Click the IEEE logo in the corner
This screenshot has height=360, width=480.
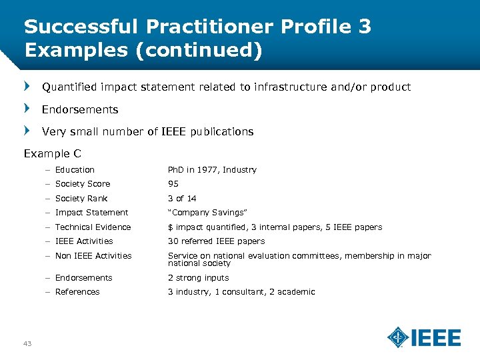(424, 337)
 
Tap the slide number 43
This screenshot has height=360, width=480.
(27, 343)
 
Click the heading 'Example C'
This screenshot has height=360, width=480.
(52, 154)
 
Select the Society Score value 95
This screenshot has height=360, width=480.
(173, 184)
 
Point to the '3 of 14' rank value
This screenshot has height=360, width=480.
(182, 199)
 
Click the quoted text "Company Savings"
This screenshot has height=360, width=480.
(207, 213)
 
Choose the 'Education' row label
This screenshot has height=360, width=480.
(75, 170)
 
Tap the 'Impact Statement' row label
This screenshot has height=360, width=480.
(91, 213)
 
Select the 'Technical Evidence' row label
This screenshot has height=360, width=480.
(93, 227)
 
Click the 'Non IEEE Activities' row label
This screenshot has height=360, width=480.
(93, 256)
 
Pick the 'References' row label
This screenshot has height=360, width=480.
(77, 292)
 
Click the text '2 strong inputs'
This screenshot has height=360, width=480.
(198, 278)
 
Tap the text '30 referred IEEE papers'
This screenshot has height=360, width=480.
(216, 241)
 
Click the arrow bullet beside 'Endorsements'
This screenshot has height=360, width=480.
(27, 109)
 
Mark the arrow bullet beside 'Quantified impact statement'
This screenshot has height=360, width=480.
(27, 87)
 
